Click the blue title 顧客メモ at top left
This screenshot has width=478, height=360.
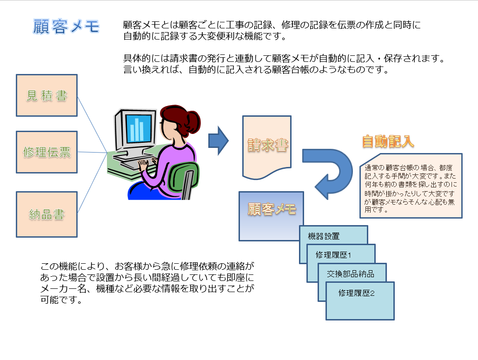[x=66, y=26]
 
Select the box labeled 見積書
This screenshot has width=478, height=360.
[x=46, y=95]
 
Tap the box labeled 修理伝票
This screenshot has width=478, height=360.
[x=46, y=152]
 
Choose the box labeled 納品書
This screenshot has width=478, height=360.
[x=46, y=214]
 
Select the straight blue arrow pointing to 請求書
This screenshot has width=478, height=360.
[x=218, y=141]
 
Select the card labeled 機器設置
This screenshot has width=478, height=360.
[x=333, y=235]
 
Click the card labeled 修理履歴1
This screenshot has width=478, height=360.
[x=341, y=254]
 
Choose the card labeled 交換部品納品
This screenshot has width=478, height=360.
[x=352, y=273]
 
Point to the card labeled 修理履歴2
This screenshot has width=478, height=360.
[x=360, y=301]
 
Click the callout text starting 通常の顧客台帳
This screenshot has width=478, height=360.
[x=410, y=188]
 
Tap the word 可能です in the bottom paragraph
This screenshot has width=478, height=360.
[x=61, y=300]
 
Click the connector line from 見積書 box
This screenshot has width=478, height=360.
[x=93, y=125]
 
